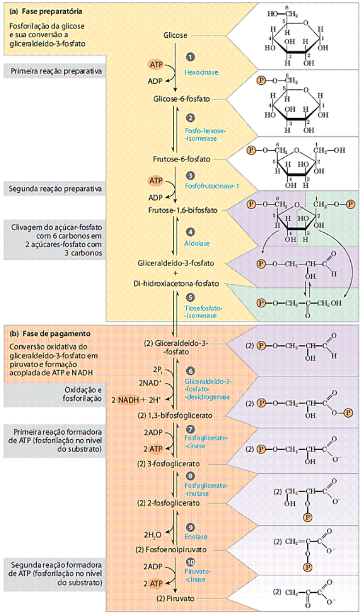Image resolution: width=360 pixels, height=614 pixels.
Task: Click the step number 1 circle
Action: point(190,56)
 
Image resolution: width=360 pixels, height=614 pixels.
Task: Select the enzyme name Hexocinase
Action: point(201,72)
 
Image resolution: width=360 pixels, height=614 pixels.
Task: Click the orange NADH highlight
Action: point(128,399)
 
